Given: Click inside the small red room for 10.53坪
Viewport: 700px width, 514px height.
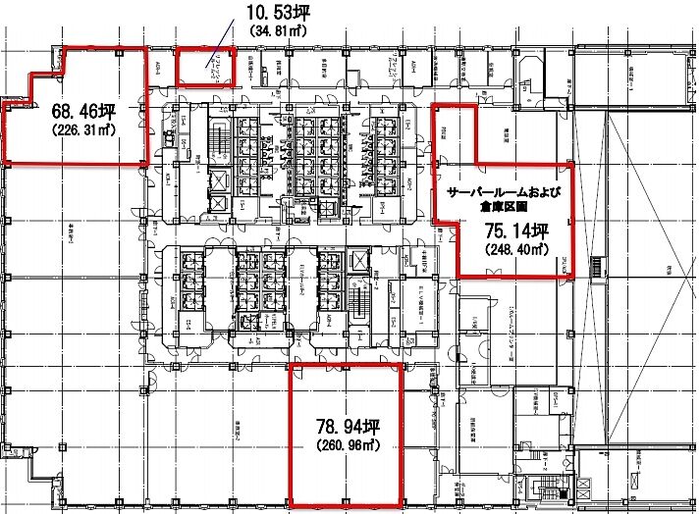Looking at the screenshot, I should pyautogui.click(x=204, y=67).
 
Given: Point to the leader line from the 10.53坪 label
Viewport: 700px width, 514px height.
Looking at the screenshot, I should pyautogui.click(x=222, y=50).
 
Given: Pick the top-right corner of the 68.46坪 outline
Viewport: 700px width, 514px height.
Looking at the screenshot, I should pyautogui.click(x=147, y=46).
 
